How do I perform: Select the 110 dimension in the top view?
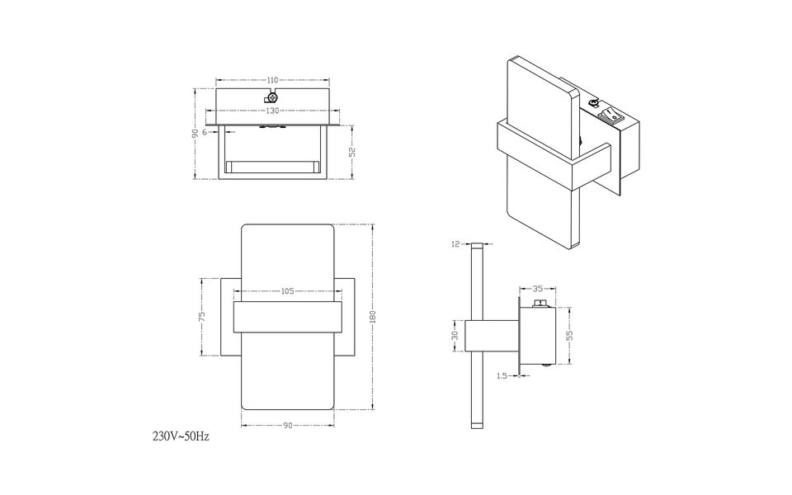(272, 80)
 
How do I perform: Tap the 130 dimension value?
(272, 110)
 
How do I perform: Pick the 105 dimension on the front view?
(287, 291)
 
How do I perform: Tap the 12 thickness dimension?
(455, 244)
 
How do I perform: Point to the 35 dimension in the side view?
(538, 290)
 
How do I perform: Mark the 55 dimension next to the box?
(569, 335)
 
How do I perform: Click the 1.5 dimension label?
(502, 375)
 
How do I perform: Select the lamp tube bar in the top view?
(272, 166)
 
